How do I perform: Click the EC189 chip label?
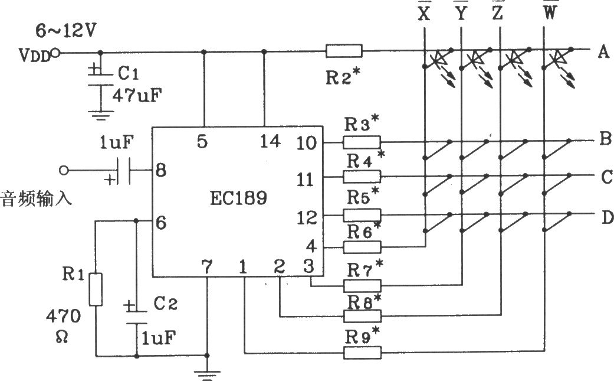coord(238,197)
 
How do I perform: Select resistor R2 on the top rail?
coord(344,51)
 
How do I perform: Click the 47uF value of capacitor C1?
coord(137,95)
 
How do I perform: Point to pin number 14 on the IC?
coord(270,141)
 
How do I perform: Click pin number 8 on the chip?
coord(161,170)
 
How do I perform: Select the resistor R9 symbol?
coord(362,353)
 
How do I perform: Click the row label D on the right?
coord(607,217)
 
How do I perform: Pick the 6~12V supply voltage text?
coord(65,31)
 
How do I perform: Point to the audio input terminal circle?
coord(63,170)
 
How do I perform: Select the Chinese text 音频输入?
coord(37,198)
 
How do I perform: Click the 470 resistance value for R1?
coord(63,316)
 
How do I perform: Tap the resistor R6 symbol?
coord(362,247)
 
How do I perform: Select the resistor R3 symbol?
coord(362,142)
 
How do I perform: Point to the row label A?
coord(603,51)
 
